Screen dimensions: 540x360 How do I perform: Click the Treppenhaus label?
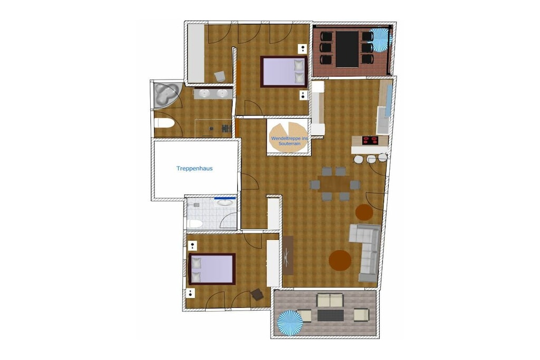click(194, 168)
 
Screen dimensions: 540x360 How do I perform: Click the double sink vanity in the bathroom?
click(213, 94)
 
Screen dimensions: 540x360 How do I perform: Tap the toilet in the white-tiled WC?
click(195, 223)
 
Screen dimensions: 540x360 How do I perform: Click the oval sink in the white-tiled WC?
click(225, 202)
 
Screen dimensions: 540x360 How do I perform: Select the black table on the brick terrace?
click(347, 49)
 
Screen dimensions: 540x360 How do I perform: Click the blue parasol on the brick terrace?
click(381, 40)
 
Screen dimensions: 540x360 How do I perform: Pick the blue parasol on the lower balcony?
click(290, 323)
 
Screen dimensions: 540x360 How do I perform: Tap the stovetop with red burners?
click(370, 140)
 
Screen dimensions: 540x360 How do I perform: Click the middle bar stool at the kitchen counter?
click(371, 159)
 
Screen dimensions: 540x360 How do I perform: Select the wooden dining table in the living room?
click(334, 184)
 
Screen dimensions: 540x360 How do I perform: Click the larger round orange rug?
click(340, 260)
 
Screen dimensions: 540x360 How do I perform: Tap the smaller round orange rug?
click(364, 212)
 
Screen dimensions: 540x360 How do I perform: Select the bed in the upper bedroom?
click(284, 72)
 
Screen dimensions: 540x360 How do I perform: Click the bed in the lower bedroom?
click(212, 269)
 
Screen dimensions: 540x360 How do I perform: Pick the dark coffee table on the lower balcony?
click(331, 315)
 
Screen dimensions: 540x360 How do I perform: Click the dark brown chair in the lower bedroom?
click(257, 295)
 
